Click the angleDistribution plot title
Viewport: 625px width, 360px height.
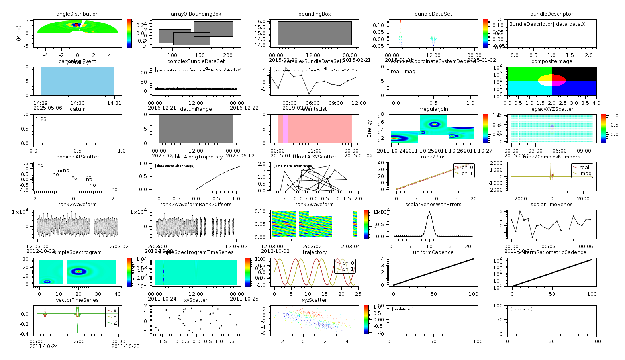tap(77, 14)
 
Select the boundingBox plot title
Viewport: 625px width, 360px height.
tap(314, 14)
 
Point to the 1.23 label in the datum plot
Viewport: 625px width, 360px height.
tap(41, 119)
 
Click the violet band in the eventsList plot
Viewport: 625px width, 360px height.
tap(285, 129)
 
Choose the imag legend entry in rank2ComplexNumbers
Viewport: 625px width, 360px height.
tap(585, 174)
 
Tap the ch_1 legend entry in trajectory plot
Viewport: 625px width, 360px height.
tap(348, 269)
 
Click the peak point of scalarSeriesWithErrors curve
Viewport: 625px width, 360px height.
tap(429, 212)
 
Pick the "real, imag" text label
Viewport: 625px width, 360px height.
tap(403, 72)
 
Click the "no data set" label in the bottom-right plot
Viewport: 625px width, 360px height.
tap(521, 309)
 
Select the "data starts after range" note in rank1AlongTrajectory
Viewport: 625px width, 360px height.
tap(174, 166)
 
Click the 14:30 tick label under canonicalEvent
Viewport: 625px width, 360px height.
tap(77, 103)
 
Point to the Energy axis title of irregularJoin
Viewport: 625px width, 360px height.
tap(369, 129)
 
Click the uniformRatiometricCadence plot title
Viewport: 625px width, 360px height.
tap(552, 252)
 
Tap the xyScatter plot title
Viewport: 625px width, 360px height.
tap(196, 300)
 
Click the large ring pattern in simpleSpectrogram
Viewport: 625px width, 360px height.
tap(79, 272)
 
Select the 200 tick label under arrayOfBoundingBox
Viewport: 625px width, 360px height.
tap(228, 55)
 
